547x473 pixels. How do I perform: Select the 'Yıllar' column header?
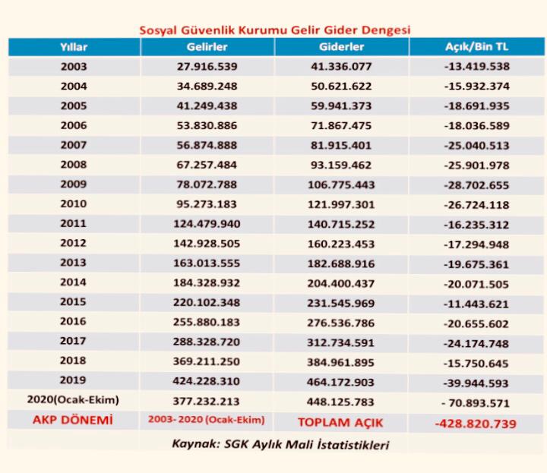(73, 47)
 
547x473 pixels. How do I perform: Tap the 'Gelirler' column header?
(207, 47)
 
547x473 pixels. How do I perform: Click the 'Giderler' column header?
(342, 47)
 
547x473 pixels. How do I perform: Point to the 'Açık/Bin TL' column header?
(476, 47)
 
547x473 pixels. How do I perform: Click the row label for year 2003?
(73, 67)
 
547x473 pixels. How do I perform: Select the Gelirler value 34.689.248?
(207, 87)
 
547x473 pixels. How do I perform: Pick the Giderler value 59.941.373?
(342, 106)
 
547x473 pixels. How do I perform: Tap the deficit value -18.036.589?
(476, 126)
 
